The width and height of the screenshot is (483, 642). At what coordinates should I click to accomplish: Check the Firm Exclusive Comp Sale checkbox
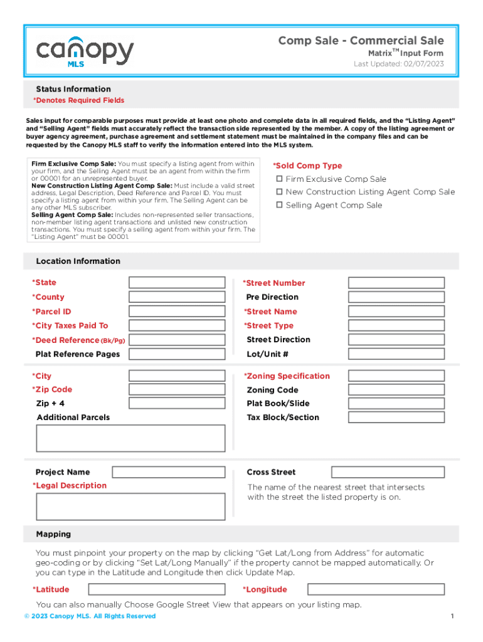[x=280, y=179]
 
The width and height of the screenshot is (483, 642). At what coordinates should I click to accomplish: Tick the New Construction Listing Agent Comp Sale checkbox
[x=280, y=192]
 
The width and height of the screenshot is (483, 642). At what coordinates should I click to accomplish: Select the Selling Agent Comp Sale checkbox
[x=280, y=206]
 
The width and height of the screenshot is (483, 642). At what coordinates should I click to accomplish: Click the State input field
[x=177, y=283]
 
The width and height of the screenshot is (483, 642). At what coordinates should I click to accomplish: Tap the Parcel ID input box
[x=177, y=312]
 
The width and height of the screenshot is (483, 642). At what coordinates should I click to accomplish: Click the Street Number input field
[x=396, y=283]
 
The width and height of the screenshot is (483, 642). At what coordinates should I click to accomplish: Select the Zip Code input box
[x=177, y=390]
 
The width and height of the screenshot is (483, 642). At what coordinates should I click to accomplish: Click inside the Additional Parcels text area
[x=130, y=438]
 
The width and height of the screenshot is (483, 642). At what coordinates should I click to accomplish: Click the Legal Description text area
[x=130, y=507]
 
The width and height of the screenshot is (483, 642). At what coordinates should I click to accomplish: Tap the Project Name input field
[x=169, y=472]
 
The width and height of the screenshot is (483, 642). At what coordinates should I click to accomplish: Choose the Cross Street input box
[x=388, y=472]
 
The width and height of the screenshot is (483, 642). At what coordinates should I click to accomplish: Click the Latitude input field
[x=156, y=589]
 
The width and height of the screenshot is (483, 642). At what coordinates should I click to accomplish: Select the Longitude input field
[x=376, y=589]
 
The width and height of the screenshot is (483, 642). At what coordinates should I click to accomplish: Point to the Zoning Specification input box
[x=396, y=376]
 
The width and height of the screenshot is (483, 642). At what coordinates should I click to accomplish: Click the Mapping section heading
[x=53, y=534]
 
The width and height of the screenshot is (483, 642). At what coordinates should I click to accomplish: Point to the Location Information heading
[x=78, y=261]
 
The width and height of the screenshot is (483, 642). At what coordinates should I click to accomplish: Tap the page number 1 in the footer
[x=452, y=616]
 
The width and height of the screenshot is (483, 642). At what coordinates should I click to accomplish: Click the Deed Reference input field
[x=177, y=340]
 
